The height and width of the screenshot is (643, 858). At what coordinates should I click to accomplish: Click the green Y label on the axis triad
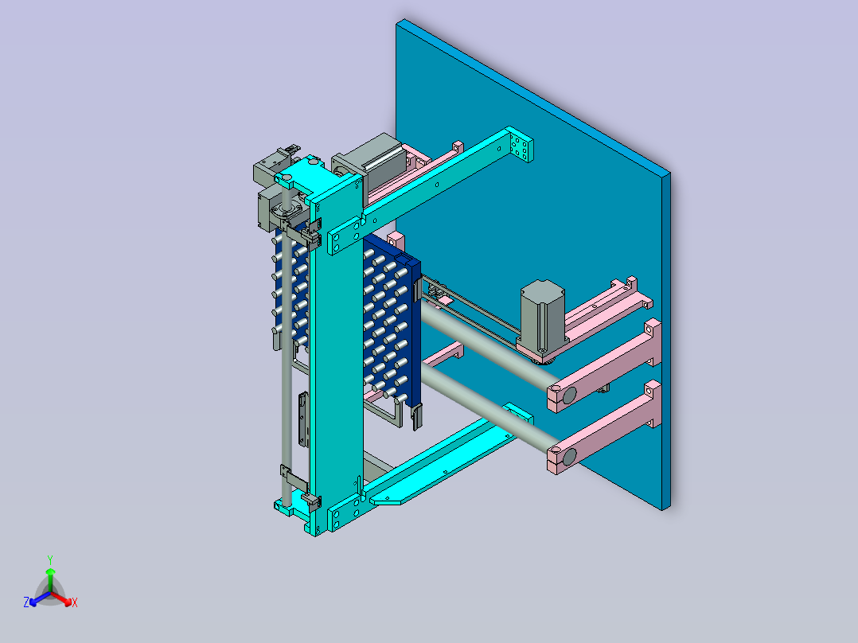point(50,560)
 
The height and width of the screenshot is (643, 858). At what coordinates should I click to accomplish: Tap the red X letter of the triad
point(75,602)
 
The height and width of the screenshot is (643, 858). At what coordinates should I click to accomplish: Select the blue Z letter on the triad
point(25,602)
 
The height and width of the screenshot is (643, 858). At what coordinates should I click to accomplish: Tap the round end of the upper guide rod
point(569,395)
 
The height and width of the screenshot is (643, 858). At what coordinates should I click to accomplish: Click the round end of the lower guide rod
point(569,457)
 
